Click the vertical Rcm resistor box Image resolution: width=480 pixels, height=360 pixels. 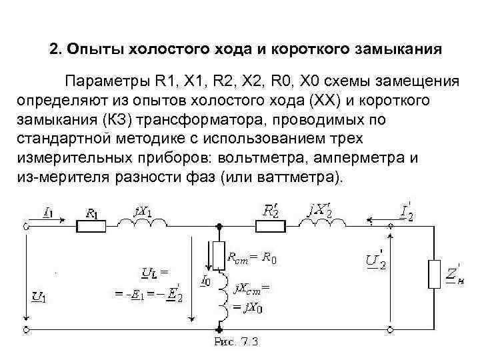(x=219, y=255)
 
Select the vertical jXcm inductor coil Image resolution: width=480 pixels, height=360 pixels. (x=219, y=299)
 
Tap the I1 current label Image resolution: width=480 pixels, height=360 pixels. (x=49, y=213)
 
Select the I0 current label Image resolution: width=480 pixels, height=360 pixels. (x=206, y=280)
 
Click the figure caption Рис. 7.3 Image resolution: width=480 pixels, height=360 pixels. (x=236, y=343)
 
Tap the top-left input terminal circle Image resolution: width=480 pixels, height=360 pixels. (x=27, y=225)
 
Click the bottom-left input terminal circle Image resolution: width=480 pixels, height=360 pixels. (x=27, y=329)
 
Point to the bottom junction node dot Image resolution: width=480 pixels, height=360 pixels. (x=219, y=329)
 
